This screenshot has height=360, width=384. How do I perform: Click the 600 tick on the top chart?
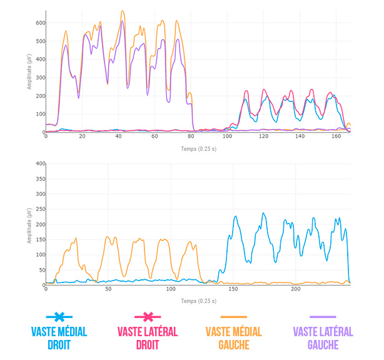tap(39, 23)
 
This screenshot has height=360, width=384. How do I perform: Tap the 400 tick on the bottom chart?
tap(39, 163)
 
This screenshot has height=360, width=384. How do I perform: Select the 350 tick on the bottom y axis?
tap(39, 178)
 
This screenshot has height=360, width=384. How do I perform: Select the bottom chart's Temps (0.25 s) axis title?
tap(198, 301)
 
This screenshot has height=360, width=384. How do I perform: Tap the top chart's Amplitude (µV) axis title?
tap(29, 72)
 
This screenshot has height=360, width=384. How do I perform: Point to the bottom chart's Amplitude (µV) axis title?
tap(29, 224)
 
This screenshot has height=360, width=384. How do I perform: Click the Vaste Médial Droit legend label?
tap(59, 338)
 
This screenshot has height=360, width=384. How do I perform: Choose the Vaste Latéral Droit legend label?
tap(148, 338)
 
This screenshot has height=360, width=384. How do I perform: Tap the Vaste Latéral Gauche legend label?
tap(323, 338)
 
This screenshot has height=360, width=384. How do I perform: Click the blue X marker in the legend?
tap(59, 317)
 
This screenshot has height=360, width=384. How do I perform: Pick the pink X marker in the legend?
tap(148, 317)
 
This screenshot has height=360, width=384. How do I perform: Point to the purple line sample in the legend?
tap(323, 317)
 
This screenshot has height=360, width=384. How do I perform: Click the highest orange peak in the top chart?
tap(123, 11)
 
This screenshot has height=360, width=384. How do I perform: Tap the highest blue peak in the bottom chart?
tap(263, 213)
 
